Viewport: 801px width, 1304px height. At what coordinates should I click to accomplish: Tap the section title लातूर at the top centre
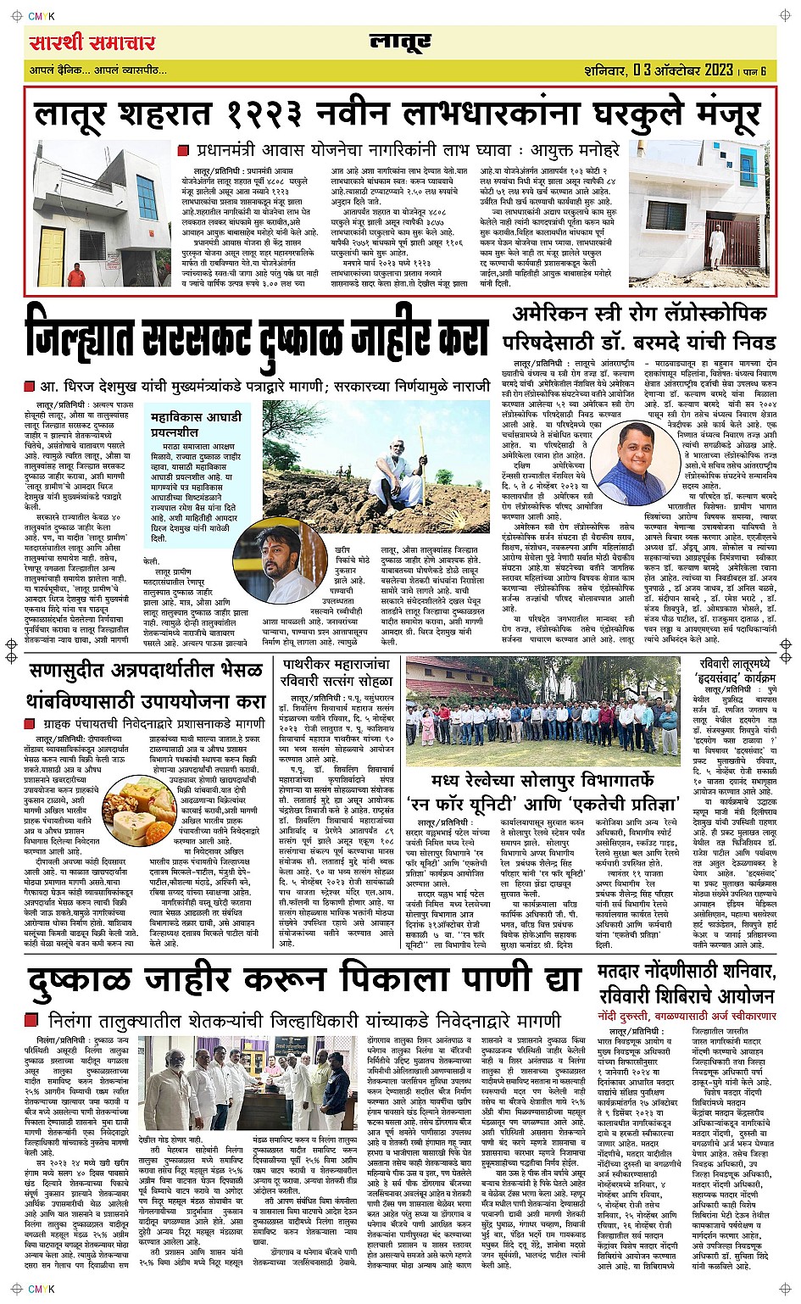tap(400, 42)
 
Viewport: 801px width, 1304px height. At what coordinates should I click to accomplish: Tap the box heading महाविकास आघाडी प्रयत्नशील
tap(196, 424)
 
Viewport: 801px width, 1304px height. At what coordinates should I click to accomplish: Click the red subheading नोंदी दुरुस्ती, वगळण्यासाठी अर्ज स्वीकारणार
tap(686, 1016)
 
